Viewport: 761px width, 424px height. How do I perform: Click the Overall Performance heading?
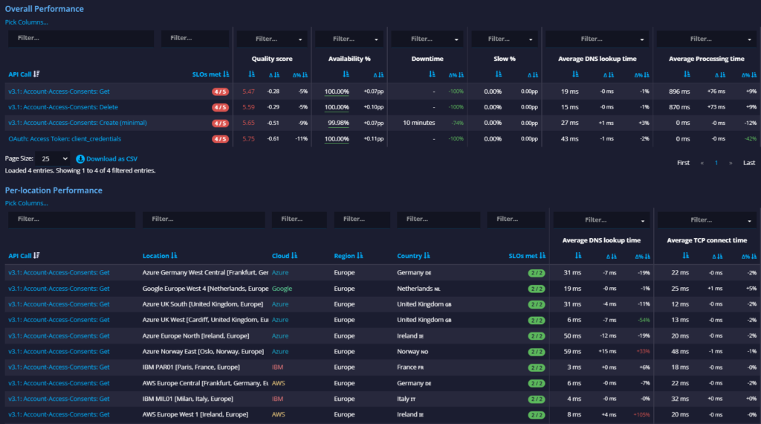[x=45, y=9]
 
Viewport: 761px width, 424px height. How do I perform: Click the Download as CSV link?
[x=111, y=158]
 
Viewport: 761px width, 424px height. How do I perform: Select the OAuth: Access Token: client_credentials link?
[x=65, y=138]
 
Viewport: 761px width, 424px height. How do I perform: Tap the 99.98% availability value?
[x=338, y=123]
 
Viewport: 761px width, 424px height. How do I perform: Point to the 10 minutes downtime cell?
[x=418, y=123]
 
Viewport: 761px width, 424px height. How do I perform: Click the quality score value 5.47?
[x=248, y=91]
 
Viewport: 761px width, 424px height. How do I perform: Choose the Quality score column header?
[x=271, y=59]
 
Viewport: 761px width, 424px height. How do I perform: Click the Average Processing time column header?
[x=706, y=59]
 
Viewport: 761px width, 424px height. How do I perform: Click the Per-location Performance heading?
[x=54, y=190]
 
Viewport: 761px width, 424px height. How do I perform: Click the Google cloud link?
[x=282, y=288]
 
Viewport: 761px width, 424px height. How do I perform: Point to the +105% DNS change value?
[x=641, y=414]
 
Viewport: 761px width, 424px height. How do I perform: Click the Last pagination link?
[x=748, y=162]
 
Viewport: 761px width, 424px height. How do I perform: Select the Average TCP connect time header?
[x=706, y=240]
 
